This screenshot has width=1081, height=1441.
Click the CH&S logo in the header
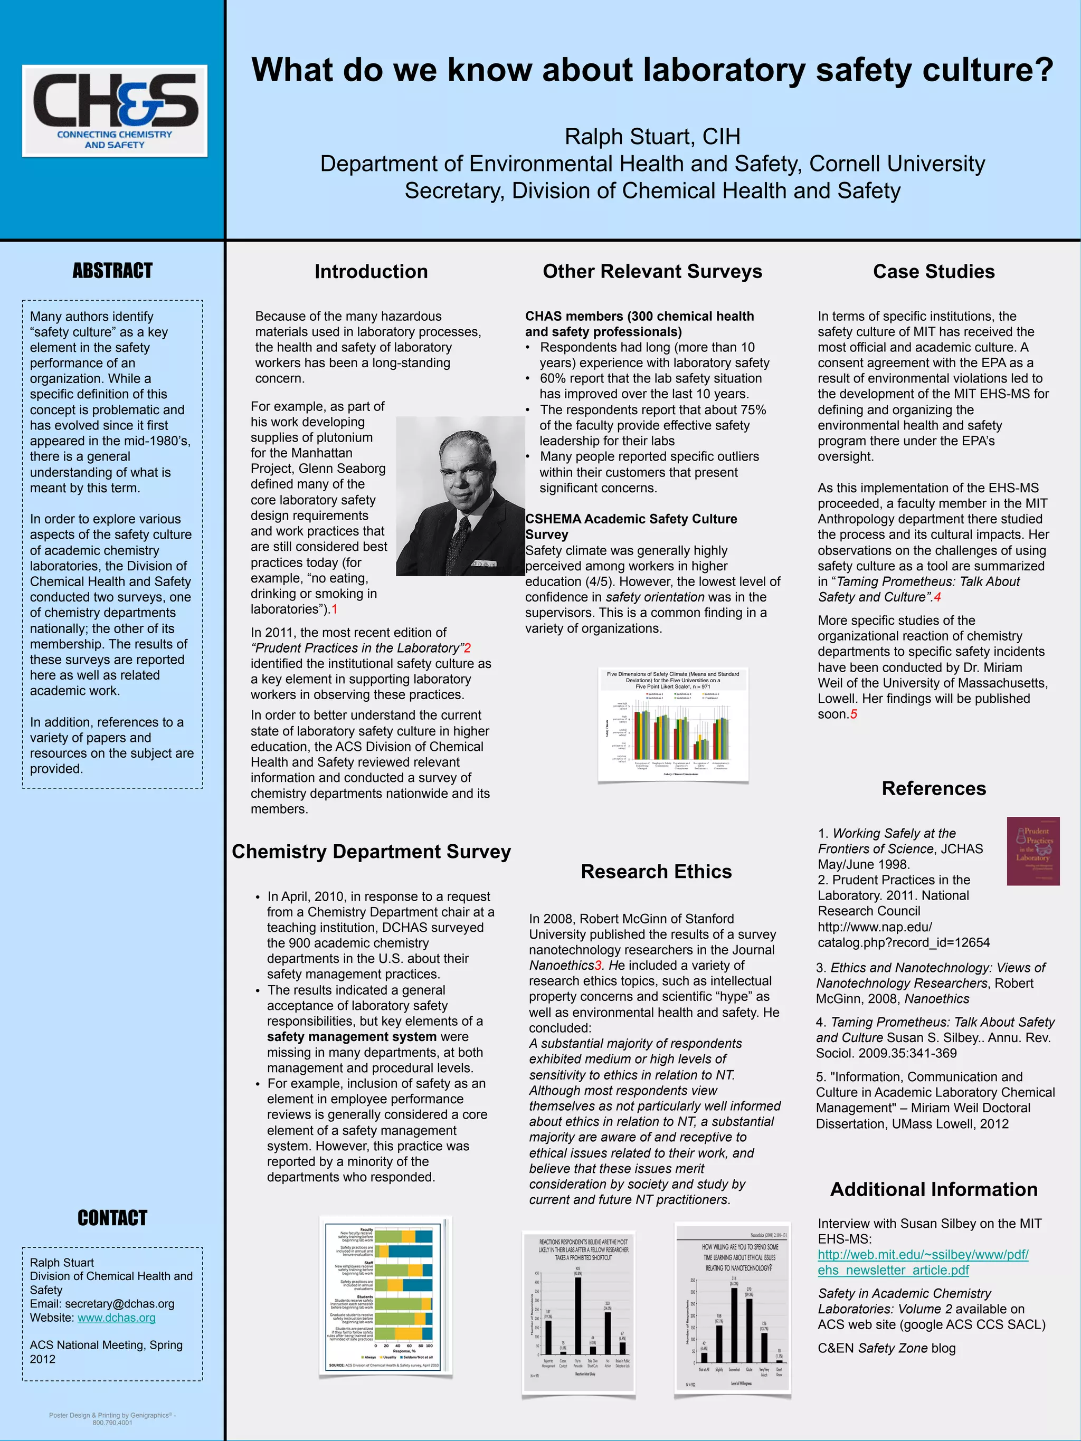click(x=115, y=110)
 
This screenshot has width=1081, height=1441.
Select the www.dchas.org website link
click(x=117, y=1318)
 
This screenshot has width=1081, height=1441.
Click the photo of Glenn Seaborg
click(x=460, y=497)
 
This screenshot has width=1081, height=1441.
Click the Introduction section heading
click(x=371, y=271)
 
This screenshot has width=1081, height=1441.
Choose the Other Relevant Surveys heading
click(x=652, y=271)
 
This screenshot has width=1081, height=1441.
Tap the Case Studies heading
click(x=933, y=271)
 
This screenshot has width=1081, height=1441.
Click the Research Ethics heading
click(x=656, y=871)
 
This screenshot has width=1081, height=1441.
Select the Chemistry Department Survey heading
click(x=372, y=852)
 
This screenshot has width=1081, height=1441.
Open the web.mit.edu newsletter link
click(x=923, y=1263)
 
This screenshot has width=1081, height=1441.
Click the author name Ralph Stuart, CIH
click(x=652, y=136)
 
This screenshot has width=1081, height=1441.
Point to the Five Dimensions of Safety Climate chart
click(x=673, y=724)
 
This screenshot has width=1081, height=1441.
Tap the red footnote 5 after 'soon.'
click(x=854, y=714)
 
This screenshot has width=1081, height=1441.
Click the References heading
click(x=933, y=788)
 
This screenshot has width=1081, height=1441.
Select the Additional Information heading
click(x=933, y=1189)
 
